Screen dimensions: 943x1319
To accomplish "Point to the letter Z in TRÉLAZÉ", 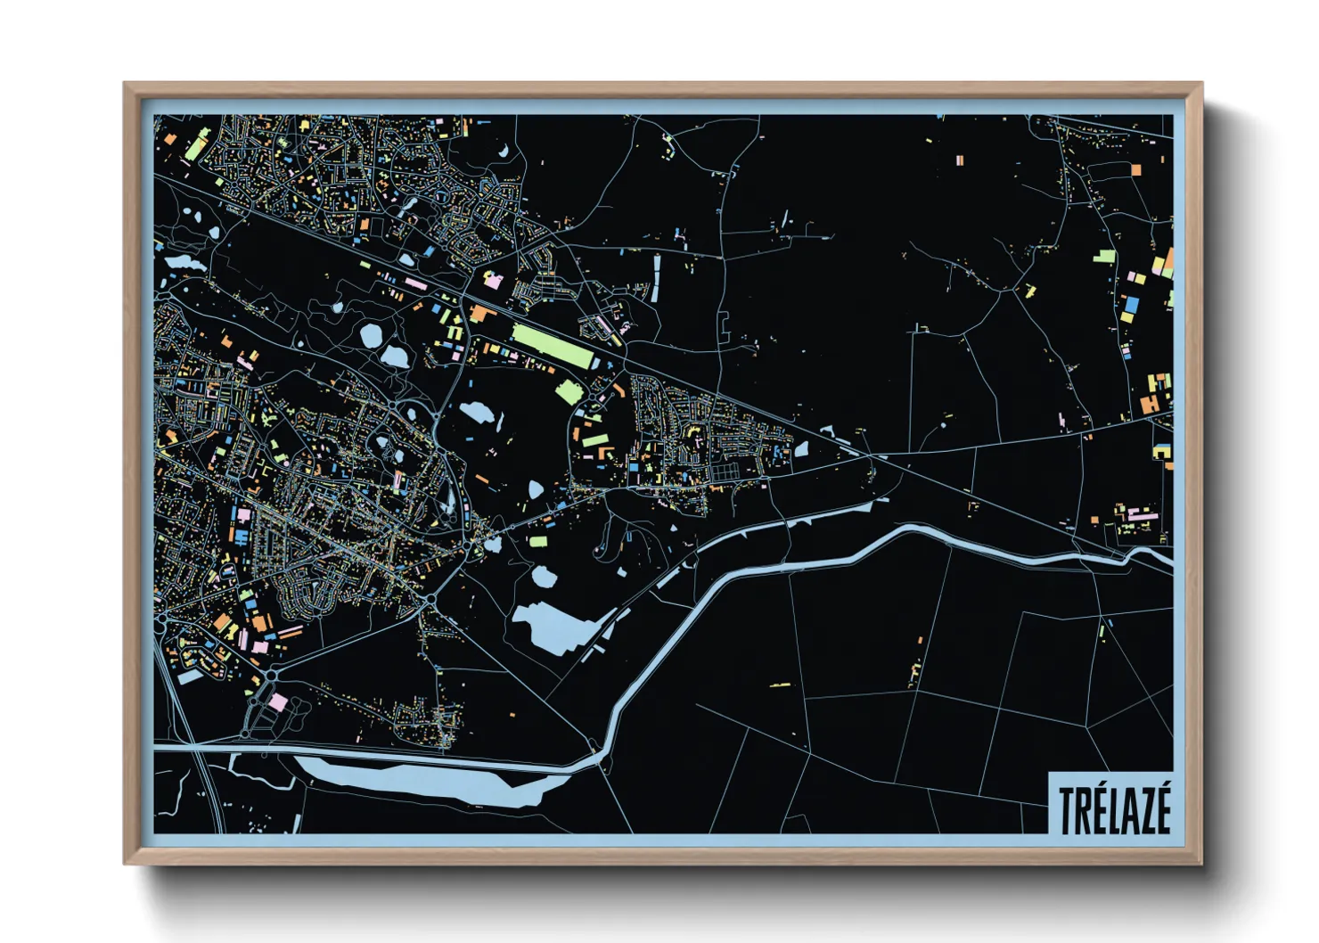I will pyautogui.click(x=1139, y=809).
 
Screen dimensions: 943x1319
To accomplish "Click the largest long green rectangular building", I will pyautogui.click(x=552, y=346).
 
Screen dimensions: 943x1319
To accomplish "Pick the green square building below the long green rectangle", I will pyautogui.click(x=568, y=392).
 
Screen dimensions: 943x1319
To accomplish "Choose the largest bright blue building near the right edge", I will pyautogui.click(x=1130, y=304).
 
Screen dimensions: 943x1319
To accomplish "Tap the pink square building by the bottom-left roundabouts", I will pyautogui.click(x=278, y=702).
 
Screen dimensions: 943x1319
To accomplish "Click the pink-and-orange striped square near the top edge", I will pyautogui.click(x=960, y=160).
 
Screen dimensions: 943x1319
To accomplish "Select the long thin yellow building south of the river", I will pyautogui.click(x=780, y=685).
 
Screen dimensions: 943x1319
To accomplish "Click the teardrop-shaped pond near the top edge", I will pyautogui.click(x=504, y=150).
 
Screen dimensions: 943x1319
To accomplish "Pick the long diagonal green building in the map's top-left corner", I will pyautogui.click(x=197, y=143).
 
